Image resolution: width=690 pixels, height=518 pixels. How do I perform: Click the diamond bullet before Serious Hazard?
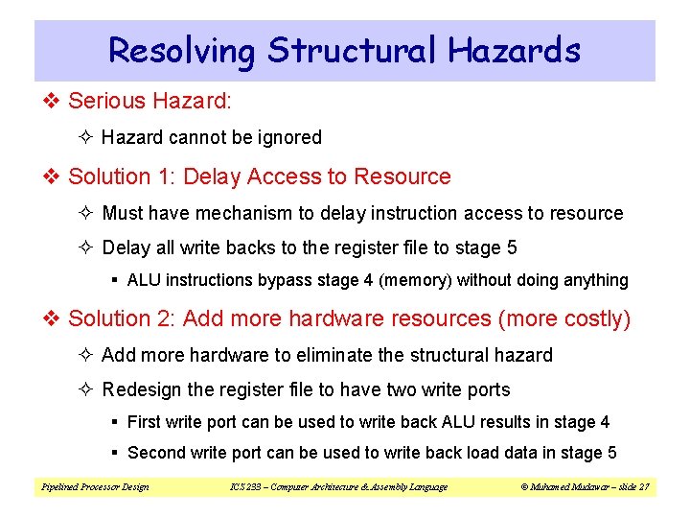[x=54, y=101]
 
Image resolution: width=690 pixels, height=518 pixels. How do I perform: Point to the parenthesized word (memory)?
[x=416, y=281]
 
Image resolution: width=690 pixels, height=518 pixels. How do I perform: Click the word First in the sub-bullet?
[x=143, y=423]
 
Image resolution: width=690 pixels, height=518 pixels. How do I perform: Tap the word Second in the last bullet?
[x=154, y=453]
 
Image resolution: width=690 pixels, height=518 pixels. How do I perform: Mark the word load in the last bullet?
[x=485, y=453]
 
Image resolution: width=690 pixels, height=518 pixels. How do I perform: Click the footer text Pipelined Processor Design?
[x=95, y=487]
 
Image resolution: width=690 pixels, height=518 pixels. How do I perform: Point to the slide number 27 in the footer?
[x=644, y=487]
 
